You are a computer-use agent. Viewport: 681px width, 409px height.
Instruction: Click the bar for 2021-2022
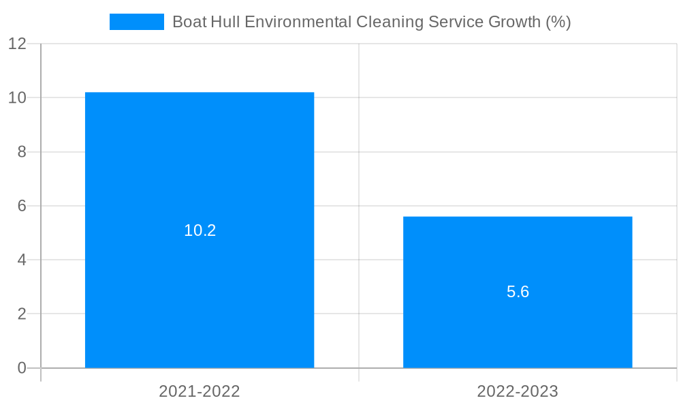pos(200,170)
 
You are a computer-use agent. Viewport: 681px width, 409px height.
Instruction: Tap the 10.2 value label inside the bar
pos(200,230)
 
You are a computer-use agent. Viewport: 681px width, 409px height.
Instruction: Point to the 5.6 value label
pos(518,292)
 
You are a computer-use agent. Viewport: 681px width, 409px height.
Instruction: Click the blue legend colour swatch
pos(136,22)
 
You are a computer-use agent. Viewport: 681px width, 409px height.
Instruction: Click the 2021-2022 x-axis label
pos(200,391)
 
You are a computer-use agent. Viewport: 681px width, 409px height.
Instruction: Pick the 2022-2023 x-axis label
pos(518,391)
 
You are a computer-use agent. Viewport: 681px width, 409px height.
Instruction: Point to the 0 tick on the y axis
pos(21,368)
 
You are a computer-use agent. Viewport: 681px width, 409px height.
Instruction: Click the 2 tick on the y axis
pos(21,314)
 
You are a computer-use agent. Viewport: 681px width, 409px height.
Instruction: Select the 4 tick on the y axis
pos(21,260)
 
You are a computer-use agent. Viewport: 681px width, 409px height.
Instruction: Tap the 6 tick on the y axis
pos(21,206)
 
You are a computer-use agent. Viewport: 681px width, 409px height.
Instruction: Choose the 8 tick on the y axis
pos(21,152)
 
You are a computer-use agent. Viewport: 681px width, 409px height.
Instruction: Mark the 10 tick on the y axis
pos(17,97)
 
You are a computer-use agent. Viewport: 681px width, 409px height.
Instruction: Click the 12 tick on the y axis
pos(17,44)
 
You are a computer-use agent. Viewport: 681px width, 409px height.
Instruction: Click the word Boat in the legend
pos(188,22)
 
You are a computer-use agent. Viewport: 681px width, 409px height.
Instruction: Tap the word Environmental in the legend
pos(298,22)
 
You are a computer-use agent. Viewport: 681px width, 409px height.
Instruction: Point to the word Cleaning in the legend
pos(390,22)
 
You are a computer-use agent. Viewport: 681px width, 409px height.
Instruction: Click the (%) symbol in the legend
pos(558,22)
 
